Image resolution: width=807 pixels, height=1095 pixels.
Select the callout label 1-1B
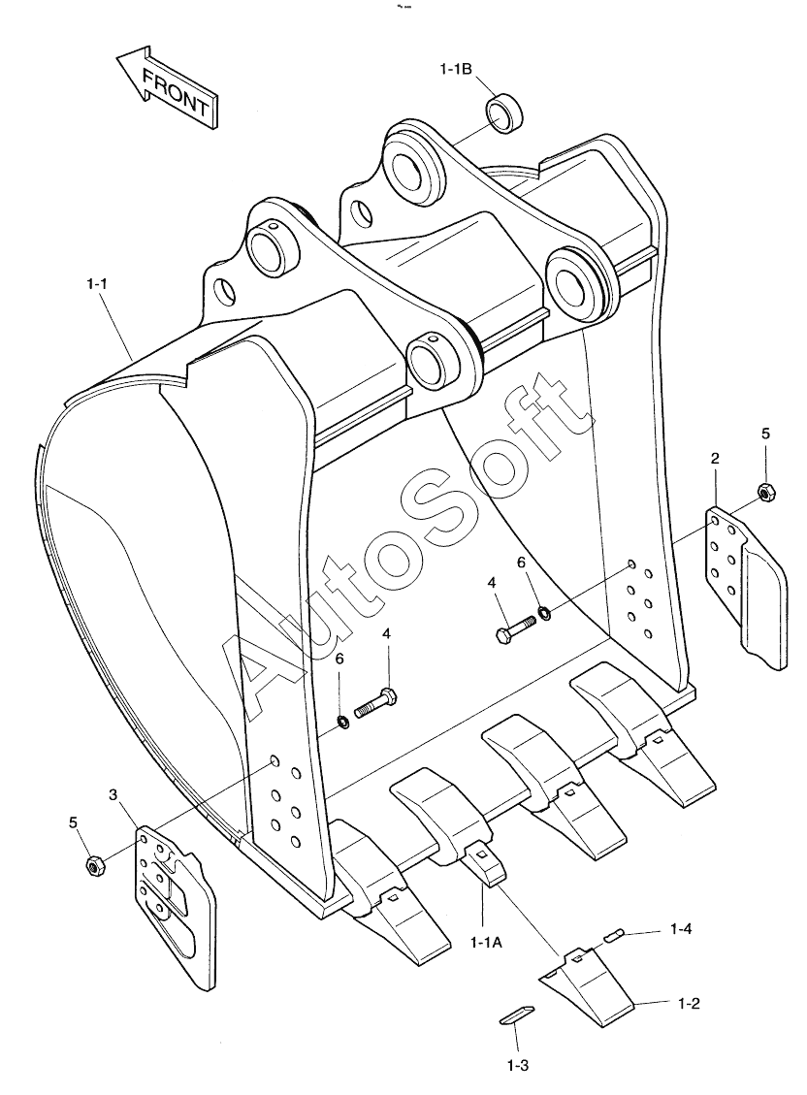tap(456, 69)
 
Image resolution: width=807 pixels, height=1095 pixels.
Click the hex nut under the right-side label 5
tap(764, 493)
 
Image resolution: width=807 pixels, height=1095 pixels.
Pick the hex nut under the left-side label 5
tap(94, 867)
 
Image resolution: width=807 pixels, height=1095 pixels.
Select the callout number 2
tap(715, 459)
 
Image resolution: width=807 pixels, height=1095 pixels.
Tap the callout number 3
tap(113, 794)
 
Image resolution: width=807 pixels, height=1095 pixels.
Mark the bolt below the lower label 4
tap(377, 702)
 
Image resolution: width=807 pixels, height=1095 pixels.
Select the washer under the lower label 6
tap(343, 721)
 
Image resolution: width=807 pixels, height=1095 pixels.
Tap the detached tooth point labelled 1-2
tap(586, 986)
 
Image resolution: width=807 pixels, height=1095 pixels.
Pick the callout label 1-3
tap(518, 1066)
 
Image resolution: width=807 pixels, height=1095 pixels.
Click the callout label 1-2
tap(689, 1003)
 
